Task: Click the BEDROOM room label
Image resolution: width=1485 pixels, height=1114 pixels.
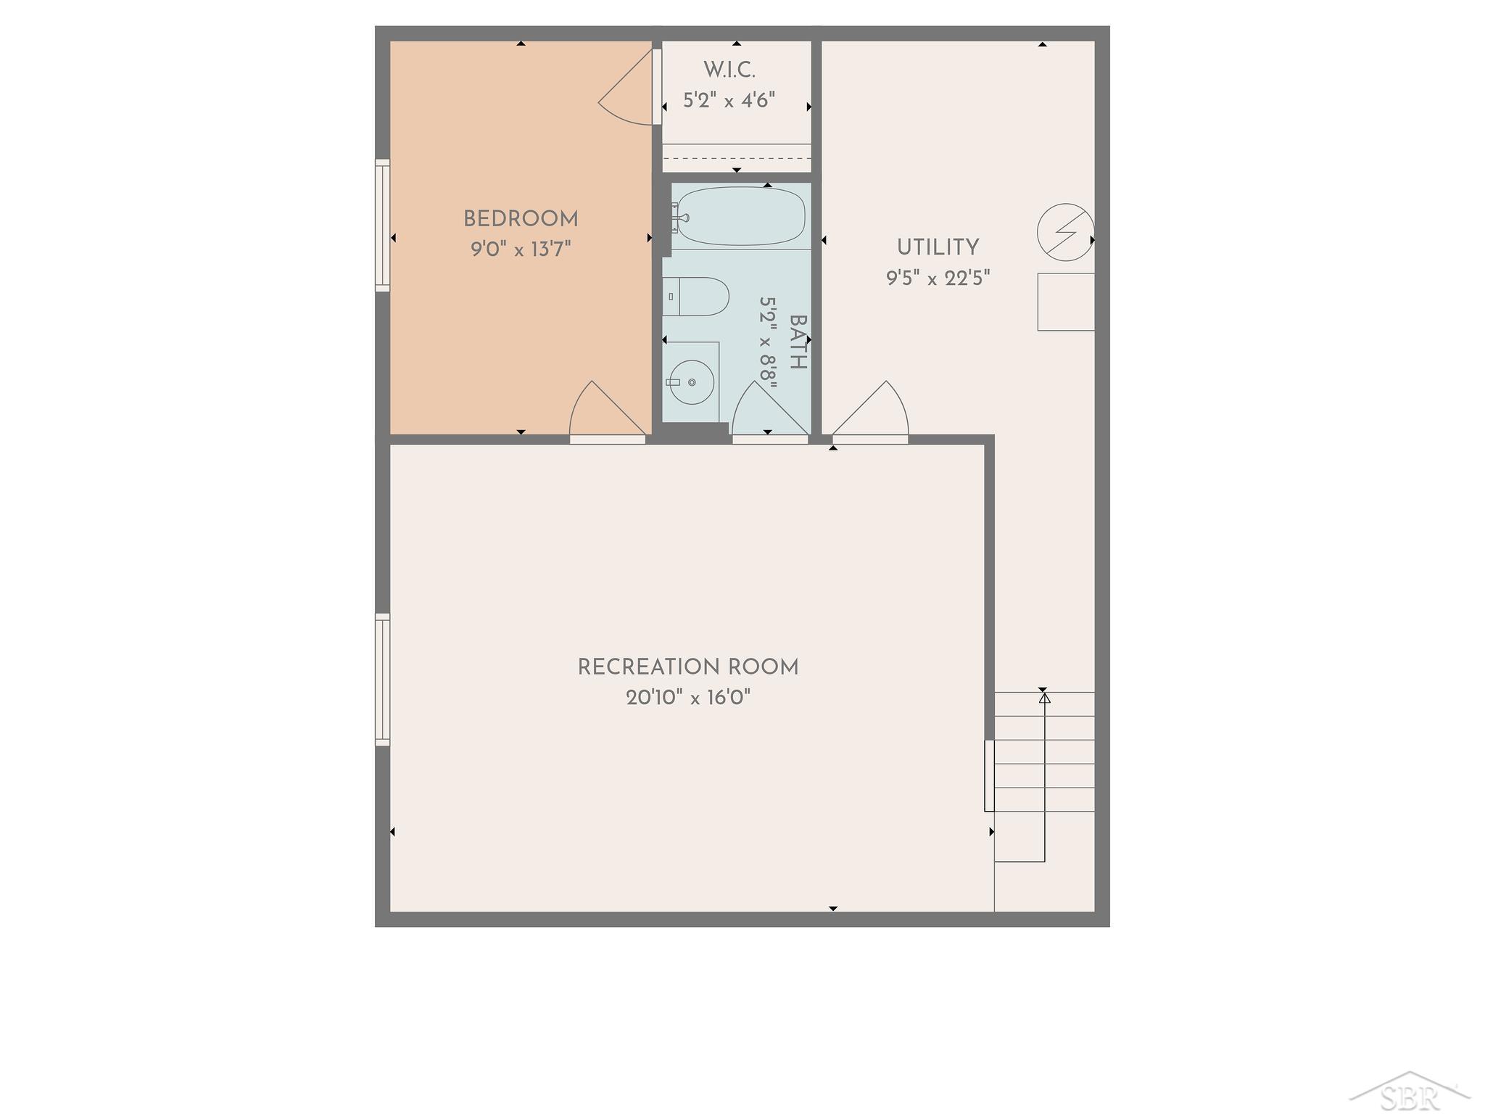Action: tap(521, 219)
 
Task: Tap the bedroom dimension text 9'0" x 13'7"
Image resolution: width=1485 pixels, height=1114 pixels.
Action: tap(521, 249)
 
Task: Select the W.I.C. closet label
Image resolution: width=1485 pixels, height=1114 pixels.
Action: tap(729, 70)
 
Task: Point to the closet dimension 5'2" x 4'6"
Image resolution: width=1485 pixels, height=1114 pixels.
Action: tap(729, 100)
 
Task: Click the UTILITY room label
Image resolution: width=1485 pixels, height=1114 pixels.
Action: tap(938, 248)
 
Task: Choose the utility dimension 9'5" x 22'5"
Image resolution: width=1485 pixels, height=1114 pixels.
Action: tap(938, 278)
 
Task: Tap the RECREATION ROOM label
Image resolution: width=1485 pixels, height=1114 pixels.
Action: tap(688, 667)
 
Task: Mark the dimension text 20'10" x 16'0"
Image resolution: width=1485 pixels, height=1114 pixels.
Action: tap(688, 698)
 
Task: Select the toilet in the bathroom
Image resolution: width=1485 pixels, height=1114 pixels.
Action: tap(695, 297)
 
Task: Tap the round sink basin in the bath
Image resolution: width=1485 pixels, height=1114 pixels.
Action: tap(691, 382)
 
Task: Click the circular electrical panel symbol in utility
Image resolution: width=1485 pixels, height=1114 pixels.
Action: tap(1066, 232)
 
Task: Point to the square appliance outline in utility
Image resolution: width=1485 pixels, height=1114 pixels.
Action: tap(1066, 302)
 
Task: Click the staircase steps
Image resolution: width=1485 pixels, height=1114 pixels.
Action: tap(1044, 777)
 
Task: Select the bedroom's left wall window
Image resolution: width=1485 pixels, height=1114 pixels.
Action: tap(382, 226)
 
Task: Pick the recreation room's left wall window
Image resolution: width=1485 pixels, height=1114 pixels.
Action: tap(382, 680)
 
